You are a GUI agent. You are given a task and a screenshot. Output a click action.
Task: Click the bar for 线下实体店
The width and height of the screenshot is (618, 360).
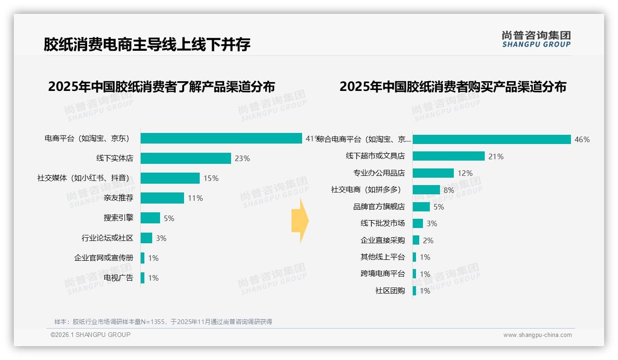tap(185, 158)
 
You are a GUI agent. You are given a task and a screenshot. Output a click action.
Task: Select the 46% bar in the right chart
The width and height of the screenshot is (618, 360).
tap(492, 139)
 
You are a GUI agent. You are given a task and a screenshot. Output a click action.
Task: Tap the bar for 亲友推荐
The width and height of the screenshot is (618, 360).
tap(162, 198)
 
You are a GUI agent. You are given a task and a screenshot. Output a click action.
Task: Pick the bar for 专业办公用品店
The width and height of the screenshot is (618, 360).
tap(433, 173)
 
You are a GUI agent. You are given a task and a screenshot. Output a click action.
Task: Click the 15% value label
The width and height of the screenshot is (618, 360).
tap(211, 178)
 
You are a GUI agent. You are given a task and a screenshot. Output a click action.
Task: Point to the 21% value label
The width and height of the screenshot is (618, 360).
tap(496, 156)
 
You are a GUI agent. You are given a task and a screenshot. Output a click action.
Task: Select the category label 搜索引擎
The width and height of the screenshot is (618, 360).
tap(118, 218)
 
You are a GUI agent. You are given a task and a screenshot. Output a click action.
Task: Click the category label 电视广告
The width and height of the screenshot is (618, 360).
tap(118, 278)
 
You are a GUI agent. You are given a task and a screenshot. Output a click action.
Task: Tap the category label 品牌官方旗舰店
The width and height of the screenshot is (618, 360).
tap(379, 207)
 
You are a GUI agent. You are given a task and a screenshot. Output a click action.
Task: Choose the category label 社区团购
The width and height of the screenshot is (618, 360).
tap(390, 291)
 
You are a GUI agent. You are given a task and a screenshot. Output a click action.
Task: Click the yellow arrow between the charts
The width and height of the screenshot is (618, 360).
tap(300, 221)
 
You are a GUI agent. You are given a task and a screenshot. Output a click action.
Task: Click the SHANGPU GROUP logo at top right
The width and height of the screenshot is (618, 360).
tap(536, 39)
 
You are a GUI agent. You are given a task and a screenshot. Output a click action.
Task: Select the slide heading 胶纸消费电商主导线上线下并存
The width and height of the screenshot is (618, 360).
tap(147, 45)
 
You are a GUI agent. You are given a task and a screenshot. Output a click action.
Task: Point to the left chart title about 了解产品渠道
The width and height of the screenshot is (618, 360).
tap(161, 87)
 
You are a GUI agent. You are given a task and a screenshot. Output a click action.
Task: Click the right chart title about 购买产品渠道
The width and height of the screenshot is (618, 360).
tap(453, 87)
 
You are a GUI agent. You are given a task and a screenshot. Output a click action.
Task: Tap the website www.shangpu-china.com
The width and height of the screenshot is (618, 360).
tap(537, 335)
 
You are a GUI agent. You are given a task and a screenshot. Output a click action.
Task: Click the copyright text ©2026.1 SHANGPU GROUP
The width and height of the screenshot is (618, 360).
tap(90, 335)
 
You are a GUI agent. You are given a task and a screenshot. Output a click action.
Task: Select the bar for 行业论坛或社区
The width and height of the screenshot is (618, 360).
tap(146, 238)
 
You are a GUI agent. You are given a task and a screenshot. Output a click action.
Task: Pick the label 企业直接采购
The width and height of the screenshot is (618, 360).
tap(382, 240)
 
